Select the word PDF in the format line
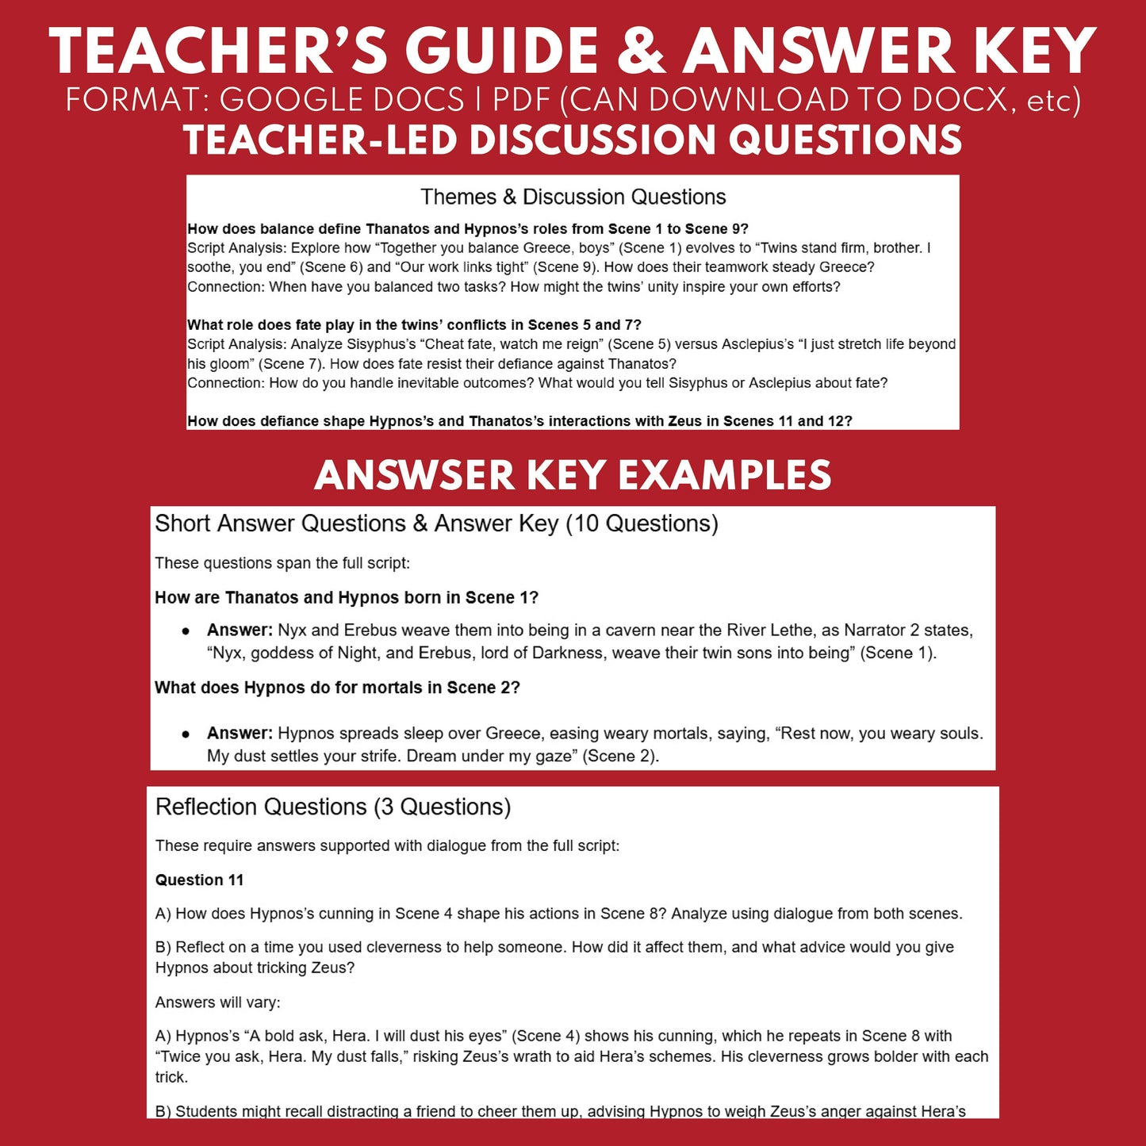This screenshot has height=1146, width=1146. coord(521,101)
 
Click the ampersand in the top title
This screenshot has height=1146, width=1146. coord(642,52)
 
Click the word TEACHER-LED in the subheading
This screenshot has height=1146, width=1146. coord(320,140)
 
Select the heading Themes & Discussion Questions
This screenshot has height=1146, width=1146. coord(573,197)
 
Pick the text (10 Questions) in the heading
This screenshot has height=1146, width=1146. coord(642,523)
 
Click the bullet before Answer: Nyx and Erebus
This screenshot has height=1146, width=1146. coord(186,631)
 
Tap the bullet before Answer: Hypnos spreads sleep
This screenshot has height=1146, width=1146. coord(186,734)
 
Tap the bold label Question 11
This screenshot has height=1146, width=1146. coord(199,880)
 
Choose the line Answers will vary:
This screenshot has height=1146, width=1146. coord(217,1002)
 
